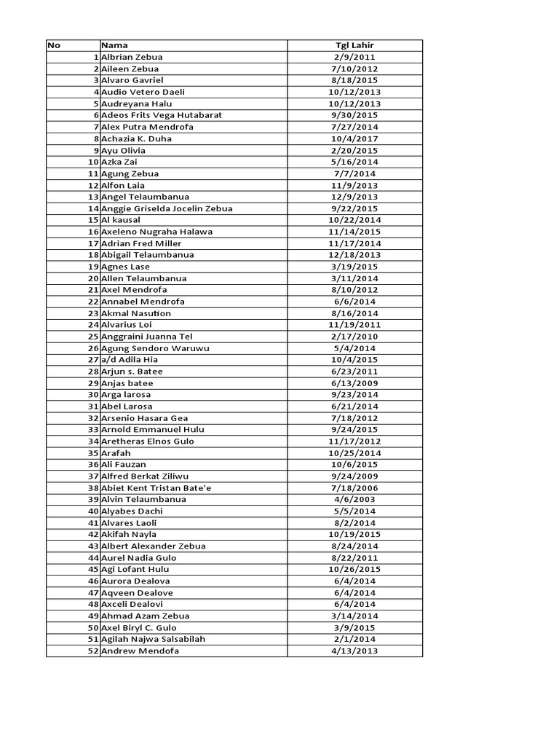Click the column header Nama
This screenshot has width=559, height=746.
tap(114, 45)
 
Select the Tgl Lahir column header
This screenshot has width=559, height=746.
tap(354, 45)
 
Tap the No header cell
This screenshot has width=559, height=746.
tap(54, 45)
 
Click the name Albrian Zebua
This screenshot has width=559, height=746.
tap(132, 57)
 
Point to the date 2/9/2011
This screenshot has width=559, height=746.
tap(354, 57)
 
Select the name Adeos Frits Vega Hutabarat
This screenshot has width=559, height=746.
tap(162, 115)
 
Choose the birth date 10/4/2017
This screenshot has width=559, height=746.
tap(354, 138)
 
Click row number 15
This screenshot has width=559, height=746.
tap(93, 220)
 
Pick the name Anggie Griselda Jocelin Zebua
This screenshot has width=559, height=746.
tap(167, 208)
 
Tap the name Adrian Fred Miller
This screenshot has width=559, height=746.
tap(141, 243)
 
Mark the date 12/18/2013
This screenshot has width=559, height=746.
tap(354, 255)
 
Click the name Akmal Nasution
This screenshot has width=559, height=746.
tap(136, 313)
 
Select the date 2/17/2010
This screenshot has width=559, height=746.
tap(354, 337)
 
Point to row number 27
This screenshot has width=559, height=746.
tap(93, 360)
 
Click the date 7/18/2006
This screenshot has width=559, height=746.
tap(354, 487)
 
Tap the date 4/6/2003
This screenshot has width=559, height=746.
tap(354, 499)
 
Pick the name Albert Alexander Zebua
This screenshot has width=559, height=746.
tap(154, 546)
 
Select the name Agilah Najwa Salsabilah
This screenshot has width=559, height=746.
tap(154, 639)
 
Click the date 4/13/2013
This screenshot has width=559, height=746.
tap(354, 651)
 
